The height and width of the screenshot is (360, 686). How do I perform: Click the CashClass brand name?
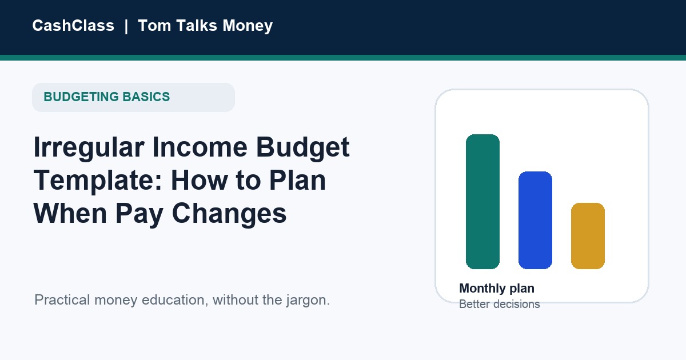pyautogui.click(x=73, y=25)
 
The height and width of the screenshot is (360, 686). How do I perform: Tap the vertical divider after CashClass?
pyautogui.click(x=126, y=26)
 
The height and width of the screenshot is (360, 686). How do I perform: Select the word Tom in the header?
pyautogui.click(x=154, y=25)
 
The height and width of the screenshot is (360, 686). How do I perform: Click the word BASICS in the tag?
pyautogui.click(x=146, y=97)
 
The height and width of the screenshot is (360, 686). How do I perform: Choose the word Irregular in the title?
pyautogui.click(x=89, y=148)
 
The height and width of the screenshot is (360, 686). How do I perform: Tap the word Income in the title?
pyautogui.click(x=200, y=147)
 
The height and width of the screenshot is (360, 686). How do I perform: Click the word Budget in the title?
pyautogui.click(x=302, y=148)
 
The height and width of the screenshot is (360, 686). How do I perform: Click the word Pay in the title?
pyautogui.click(x=139, y=214)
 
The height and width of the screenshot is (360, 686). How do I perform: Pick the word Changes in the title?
pyautogui.click(x=229, y=214)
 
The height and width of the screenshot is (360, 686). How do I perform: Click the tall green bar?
pyautogui.click(x=482, y=202)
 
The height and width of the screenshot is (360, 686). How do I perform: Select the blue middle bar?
pyautogui.click(x=535, y=221)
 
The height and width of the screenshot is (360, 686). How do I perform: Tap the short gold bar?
pyautogui.click(x=588, y=236)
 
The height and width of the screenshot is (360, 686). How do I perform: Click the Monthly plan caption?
pyautogui.click(x=497, y=289)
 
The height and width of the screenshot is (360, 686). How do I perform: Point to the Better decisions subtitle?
pyautogui.click(x=500, y=304)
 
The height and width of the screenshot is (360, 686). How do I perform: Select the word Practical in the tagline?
pyautogui.click(x=62, y=300)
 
